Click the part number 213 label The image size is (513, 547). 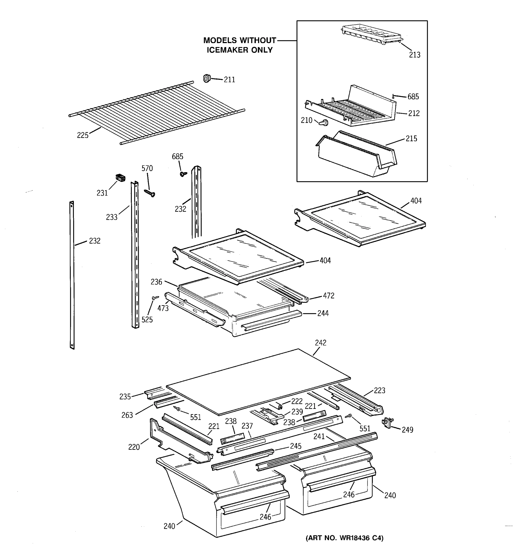(x=415, y=55)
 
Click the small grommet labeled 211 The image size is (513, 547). (x=206, y=78)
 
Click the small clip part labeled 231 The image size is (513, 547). (x=120, y=178)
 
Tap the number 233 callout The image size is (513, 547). (x=112, y=217)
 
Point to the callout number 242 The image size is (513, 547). (x=320, y=343)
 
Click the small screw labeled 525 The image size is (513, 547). (x=155, y=297)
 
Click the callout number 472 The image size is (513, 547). (x=329, y=296)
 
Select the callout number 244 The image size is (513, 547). (x=323, y=313)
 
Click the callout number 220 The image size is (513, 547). (x=134, y=447)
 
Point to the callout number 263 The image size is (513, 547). (x=127, y=415)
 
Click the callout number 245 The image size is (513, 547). (x=295, y=446)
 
